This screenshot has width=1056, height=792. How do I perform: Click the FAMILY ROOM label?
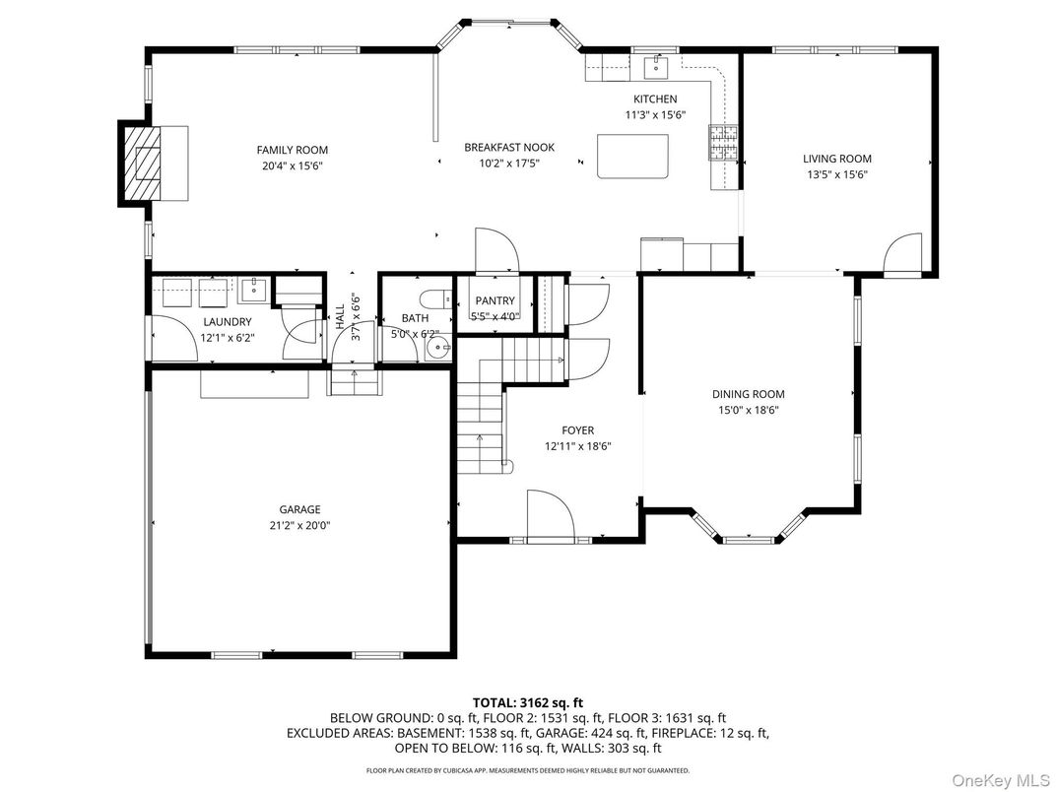pos(293,150)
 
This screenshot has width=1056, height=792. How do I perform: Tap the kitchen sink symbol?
pos(656,67)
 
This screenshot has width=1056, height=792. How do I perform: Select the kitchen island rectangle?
pos(633,157)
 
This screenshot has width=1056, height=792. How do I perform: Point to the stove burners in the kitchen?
pos(723,143)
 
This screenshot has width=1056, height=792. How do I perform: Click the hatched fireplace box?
pos(142,163)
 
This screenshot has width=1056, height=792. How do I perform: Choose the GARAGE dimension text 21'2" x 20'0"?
pos(299,526)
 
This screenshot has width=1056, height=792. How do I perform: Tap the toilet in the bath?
pos(435,297)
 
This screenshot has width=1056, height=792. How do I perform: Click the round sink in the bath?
pos(438,349)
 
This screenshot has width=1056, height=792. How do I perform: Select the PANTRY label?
pos(495,301)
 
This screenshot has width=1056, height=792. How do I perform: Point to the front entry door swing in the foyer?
pos(551,516)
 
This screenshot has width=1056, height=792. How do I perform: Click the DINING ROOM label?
pos(749,395)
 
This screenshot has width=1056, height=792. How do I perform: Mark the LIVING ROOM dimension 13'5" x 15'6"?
pos(837,175)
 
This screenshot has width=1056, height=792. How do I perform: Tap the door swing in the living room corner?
pos(902,254)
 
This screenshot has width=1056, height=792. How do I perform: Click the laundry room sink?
pos(255,291)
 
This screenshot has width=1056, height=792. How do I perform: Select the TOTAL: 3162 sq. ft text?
pos(528,703)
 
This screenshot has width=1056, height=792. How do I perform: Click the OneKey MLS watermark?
pos(1002,780)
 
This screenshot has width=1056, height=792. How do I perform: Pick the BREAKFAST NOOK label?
pos(509,148)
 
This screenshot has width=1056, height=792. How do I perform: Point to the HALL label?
pos(340,316)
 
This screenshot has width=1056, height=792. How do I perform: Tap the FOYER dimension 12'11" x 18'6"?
pos(578,446)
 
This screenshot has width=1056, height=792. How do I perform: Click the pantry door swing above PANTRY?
pos(497,252)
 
